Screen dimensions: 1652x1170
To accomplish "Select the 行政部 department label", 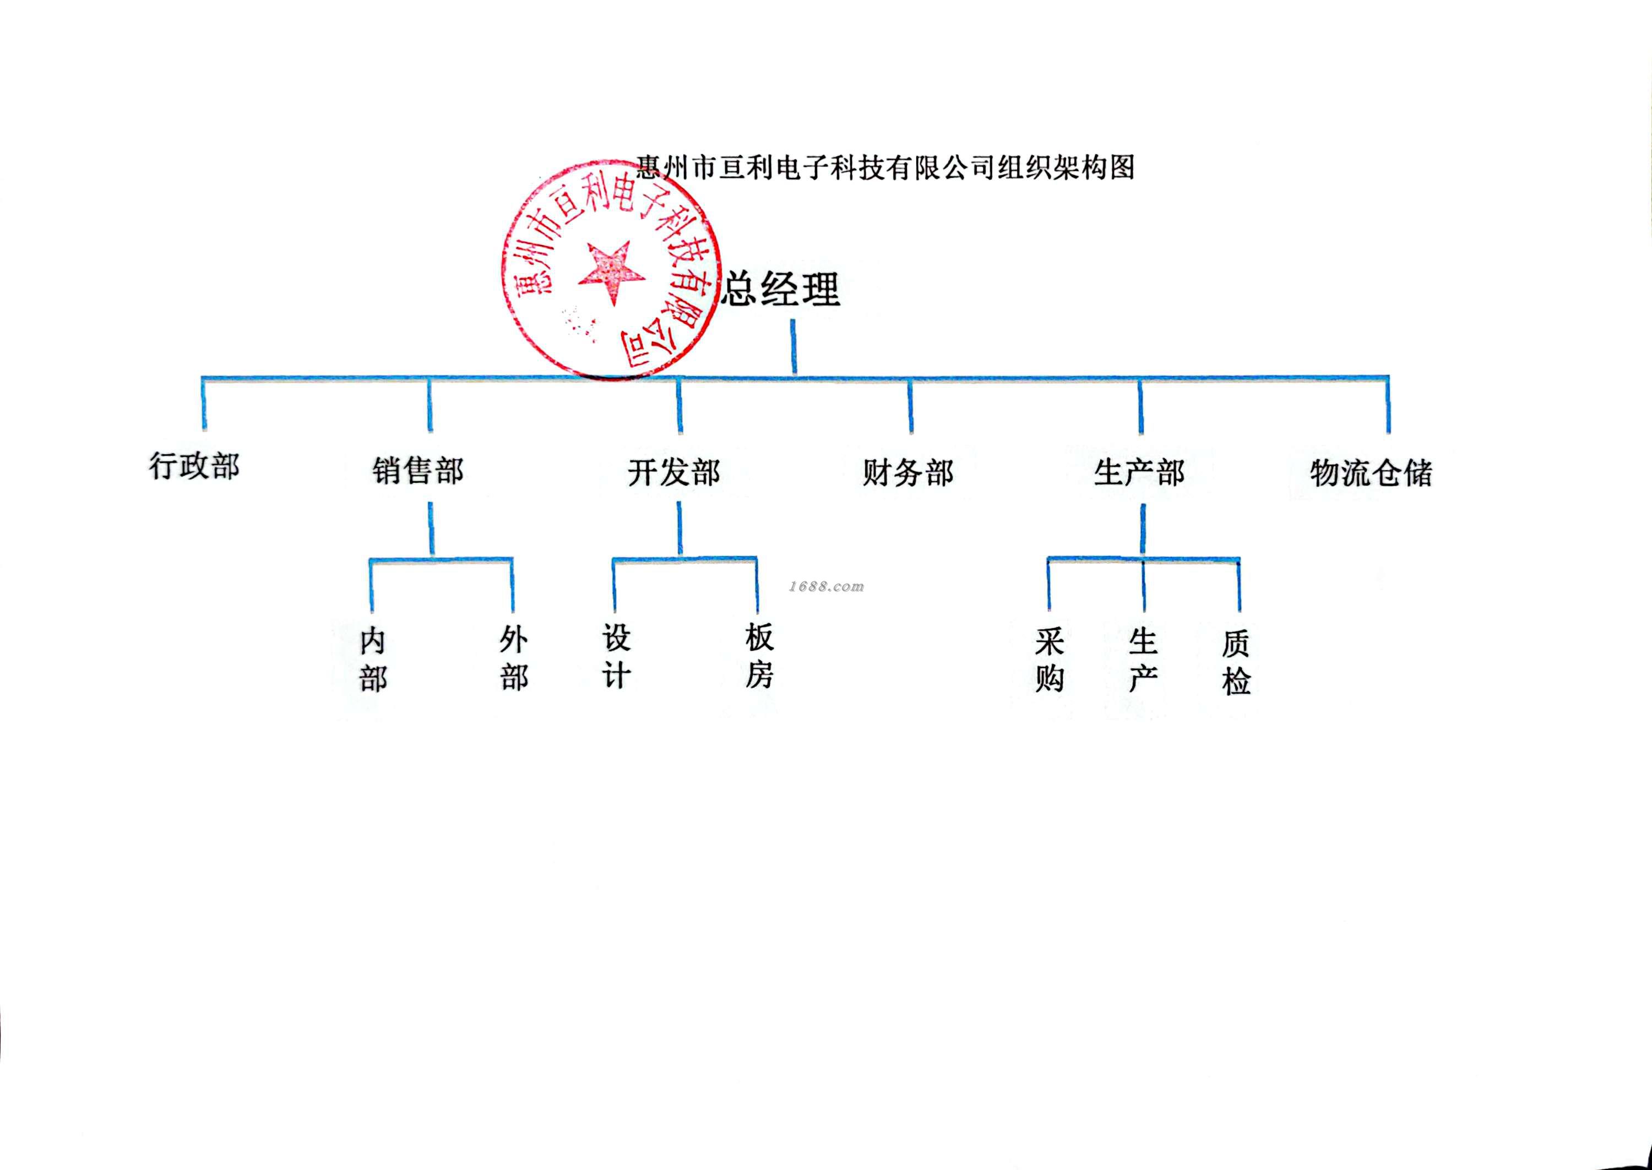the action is (x=194, y=466).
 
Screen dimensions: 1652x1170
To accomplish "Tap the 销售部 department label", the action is (x=418, y=471).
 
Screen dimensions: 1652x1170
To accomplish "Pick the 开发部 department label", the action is (x=673, y=472).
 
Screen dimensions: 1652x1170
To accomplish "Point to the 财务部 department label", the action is (x=907, y=472).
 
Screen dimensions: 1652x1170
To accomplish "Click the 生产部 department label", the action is (x=1139, y=472).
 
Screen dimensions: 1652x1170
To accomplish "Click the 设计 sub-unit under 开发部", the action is (x=617, y=656).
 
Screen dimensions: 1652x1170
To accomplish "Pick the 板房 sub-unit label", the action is (x=759, y=656).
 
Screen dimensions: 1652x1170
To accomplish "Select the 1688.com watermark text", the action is (x=827, y=586).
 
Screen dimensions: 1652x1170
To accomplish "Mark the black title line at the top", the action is (x=885, y=167).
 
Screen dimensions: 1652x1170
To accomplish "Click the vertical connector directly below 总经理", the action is (x=794, y=347).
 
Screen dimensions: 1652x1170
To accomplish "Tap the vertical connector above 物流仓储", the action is (x=1388, y=406).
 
